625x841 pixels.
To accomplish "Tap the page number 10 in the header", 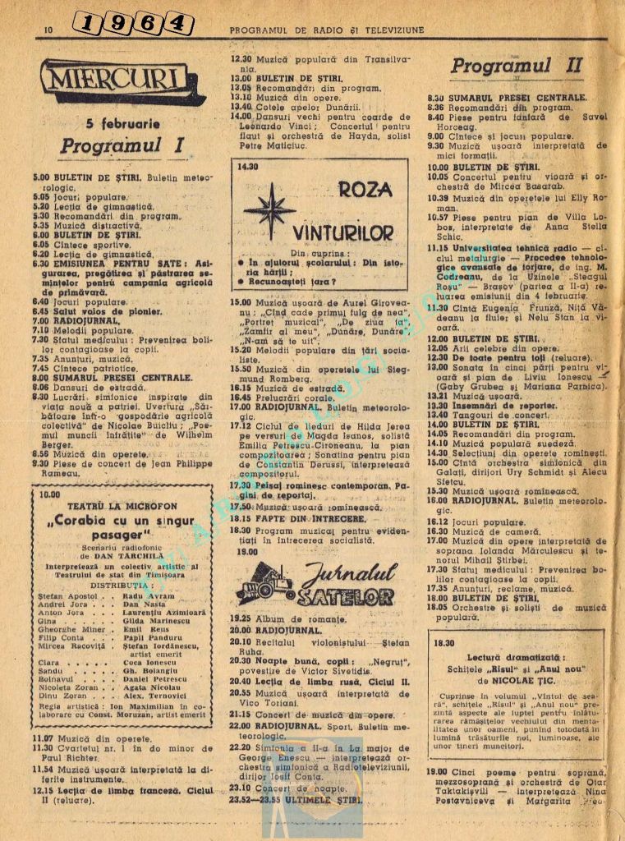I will tap(48, 30).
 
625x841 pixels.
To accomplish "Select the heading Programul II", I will tap(517, 65).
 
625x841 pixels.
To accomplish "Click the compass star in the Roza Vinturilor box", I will tap(270, 210).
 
